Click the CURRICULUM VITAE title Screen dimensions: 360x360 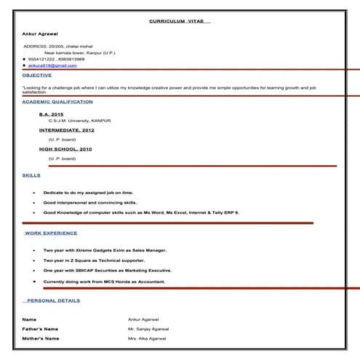coord(180,22)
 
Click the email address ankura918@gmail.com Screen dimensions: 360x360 coord(52,65)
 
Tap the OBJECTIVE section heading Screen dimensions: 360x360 coord(37,75)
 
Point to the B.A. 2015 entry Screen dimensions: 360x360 coord(52,114)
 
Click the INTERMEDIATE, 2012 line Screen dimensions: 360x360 coord(67,130)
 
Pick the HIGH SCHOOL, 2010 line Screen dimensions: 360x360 coord(65,149)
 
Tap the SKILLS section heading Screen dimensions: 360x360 coord(31,175)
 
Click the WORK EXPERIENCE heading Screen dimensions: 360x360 coord(51,233)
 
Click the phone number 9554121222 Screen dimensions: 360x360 coord(42,58)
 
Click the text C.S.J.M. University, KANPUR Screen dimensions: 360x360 coord(80,120)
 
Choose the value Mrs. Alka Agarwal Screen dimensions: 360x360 coord(147,338)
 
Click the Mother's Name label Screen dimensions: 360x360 coord(40,338)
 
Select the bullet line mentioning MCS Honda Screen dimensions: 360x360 coord(104,281)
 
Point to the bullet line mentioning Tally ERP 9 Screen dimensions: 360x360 coord(140,212)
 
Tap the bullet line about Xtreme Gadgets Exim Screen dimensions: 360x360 coord(105,250)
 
